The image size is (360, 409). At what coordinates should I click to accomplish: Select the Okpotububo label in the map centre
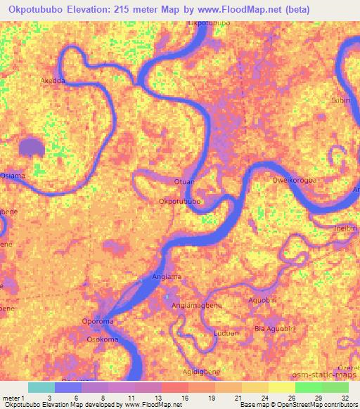181,202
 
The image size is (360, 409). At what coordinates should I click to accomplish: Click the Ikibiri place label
341,101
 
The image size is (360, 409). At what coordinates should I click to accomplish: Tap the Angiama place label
167,277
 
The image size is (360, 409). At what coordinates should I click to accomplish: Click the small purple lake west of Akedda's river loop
31,147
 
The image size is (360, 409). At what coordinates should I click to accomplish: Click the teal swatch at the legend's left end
41,387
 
